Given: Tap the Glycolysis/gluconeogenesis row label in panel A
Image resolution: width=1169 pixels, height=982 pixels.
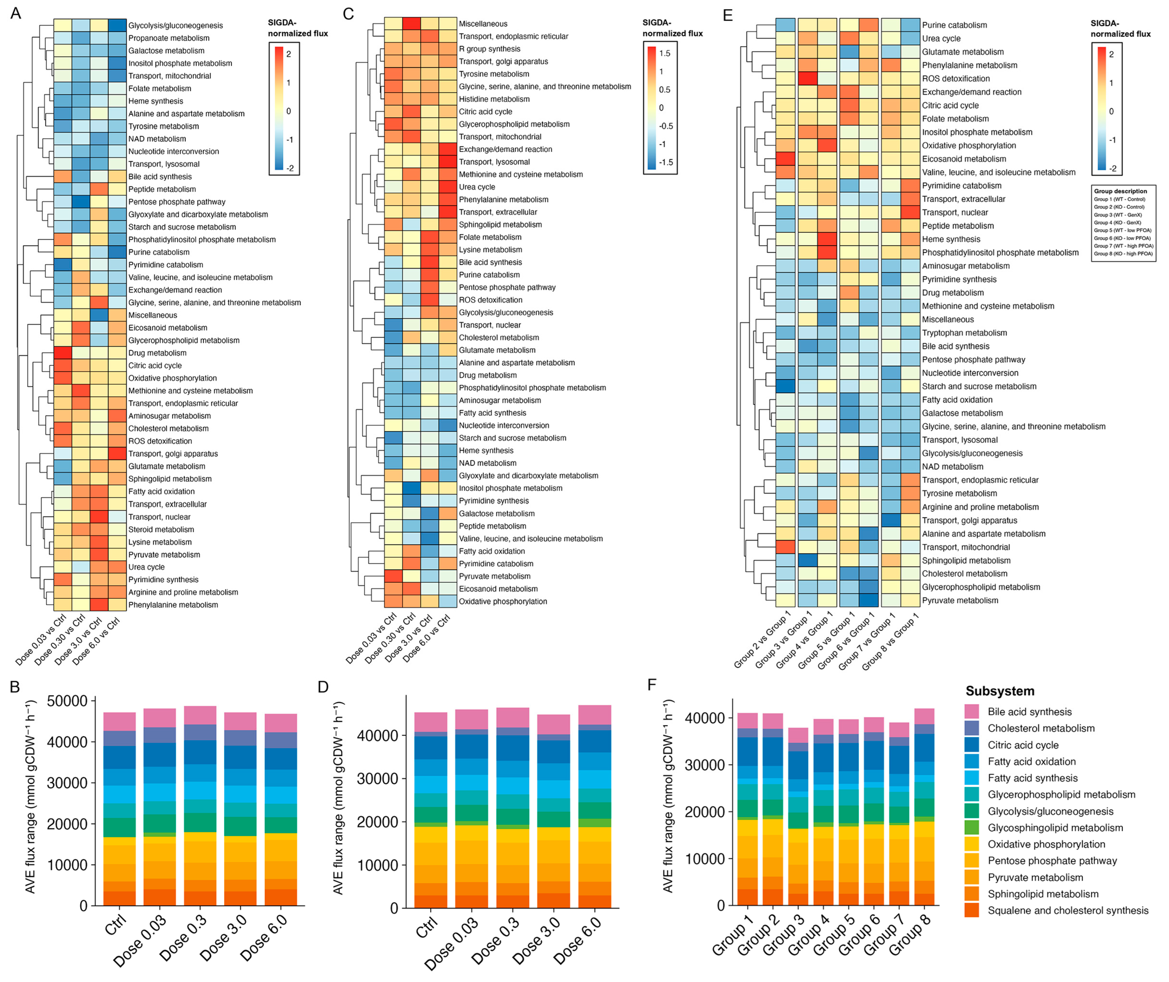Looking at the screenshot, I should (x=175, y=26).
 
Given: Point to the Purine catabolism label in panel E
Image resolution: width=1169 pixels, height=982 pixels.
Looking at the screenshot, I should (x=954, y=25).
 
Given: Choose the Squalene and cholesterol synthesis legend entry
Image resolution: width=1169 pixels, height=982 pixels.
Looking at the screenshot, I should (x=1068, y=910).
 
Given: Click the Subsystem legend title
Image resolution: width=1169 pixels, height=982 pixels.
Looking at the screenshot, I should (x=1000, y=691).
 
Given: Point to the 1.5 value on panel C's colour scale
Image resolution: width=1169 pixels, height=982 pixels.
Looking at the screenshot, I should (x=665, y=54).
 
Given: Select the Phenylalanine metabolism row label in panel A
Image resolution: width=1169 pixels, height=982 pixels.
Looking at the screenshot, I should (x=173, y=604).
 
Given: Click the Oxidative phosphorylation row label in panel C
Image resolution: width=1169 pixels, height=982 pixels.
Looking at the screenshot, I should (x=503, y=601).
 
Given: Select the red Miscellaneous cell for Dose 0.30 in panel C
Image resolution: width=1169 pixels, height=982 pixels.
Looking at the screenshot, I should (x=411, y=23).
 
